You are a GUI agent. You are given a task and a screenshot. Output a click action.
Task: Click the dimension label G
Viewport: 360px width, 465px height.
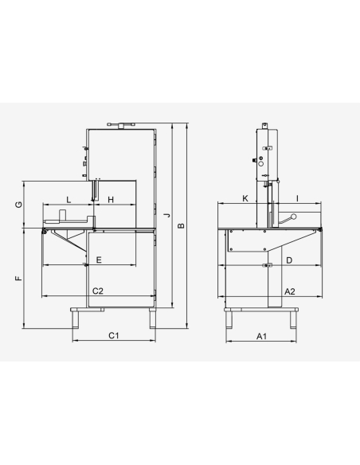pos(18,205)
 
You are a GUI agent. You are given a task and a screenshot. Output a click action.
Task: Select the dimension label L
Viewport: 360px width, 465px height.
pos(68,200)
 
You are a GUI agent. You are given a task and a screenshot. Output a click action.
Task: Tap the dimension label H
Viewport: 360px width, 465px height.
pos(111,200)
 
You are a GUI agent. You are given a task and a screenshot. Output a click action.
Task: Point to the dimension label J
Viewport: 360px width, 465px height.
pos(168,215)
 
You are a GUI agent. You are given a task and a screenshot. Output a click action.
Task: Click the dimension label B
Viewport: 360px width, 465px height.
pos(181,225)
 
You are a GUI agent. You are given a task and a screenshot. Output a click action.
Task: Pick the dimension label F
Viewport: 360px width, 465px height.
pos(18,278)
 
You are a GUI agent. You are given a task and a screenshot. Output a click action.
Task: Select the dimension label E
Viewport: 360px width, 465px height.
pos(99,260)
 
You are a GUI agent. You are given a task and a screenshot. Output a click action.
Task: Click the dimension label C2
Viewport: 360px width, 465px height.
pos(98,291)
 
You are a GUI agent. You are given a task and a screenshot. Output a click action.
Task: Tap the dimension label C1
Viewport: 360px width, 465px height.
pos(114,335)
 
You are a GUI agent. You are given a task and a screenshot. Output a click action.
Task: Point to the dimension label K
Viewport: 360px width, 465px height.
pos(245,198)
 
